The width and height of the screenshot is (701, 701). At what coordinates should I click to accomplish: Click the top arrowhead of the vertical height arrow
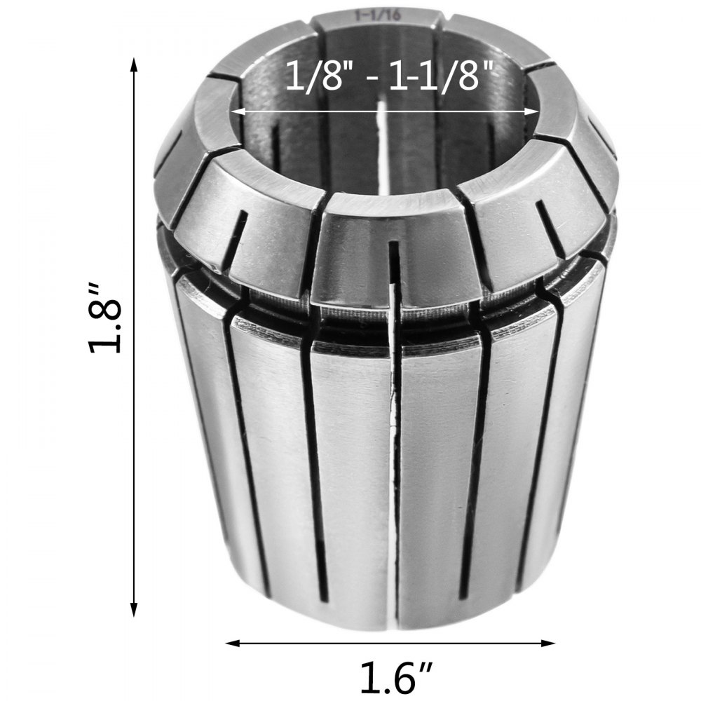tap(134, 64)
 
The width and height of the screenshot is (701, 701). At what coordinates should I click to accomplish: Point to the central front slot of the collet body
tap(395, 456)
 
